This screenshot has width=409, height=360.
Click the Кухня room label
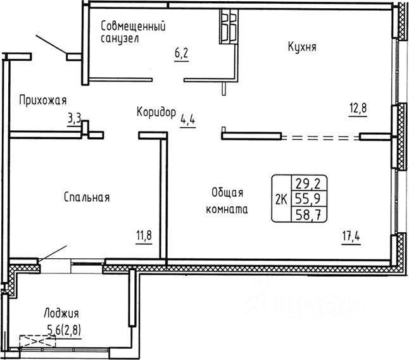click(302, 47)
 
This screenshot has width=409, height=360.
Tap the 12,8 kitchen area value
click(358, 108)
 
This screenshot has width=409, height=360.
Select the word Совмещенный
click(133, 26)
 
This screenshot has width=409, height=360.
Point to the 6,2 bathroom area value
click(181, 53)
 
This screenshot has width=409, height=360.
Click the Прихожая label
click(43, 101)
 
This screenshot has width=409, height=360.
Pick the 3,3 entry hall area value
click(75, 120)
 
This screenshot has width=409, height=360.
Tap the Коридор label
click(156, 113)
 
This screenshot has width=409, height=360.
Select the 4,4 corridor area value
click(188, 120)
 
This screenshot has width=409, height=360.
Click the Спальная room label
click(87, 197)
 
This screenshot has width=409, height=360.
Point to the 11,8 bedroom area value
click(144, 236)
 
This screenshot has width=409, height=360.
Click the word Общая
click(227, 193)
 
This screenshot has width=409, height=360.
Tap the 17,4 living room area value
click(351, 237)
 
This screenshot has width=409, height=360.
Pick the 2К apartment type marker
click(281, 200)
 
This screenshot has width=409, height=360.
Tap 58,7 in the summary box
click(308, 215)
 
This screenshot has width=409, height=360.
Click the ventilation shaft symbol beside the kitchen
click(229, 27)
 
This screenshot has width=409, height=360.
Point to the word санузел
click(120, 39)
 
